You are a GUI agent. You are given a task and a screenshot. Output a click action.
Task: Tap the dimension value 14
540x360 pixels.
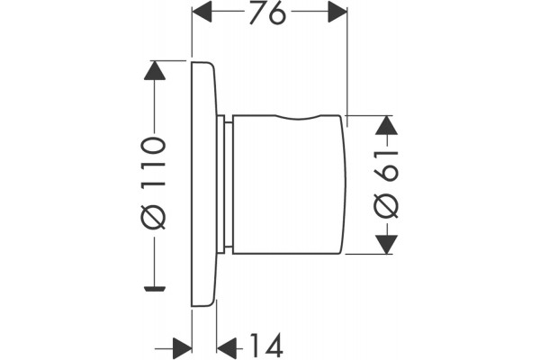tap(266, 346)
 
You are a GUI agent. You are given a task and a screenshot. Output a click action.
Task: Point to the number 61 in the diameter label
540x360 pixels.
tap(386, 166)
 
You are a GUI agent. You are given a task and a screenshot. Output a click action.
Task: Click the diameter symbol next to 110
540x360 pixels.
tap(154, 217)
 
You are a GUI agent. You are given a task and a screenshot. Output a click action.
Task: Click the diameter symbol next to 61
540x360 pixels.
tap(386, 206)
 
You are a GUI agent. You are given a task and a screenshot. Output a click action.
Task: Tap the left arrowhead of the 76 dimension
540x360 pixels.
tap(202, 12)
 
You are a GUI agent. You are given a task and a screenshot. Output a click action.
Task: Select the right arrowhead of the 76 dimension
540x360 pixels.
tap(337, 12)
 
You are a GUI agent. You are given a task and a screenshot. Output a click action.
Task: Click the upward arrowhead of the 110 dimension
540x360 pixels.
tap(155, 70)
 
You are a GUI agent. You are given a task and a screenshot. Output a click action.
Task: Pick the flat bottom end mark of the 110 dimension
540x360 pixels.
tap(155, 289)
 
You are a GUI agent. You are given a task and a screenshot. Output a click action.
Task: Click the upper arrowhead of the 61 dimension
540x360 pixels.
tap(386, 125)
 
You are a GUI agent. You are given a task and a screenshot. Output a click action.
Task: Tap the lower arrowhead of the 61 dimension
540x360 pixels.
tap(386, 245)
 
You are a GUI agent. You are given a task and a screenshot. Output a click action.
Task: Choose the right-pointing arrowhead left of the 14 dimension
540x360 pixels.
tap(183, 348)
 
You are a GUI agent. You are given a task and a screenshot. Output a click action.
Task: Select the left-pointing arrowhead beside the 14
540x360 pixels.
tap(227, 348)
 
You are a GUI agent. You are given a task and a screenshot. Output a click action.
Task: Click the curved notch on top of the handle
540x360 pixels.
tap(298, 118)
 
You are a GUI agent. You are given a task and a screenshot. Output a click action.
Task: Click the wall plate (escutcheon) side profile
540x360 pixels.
tap(204, 184)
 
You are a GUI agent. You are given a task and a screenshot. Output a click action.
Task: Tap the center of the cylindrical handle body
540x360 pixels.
tap(289, 185)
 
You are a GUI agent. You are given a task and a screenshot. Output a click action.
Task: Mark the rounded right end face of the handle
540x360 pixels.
tap(344, 184)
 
